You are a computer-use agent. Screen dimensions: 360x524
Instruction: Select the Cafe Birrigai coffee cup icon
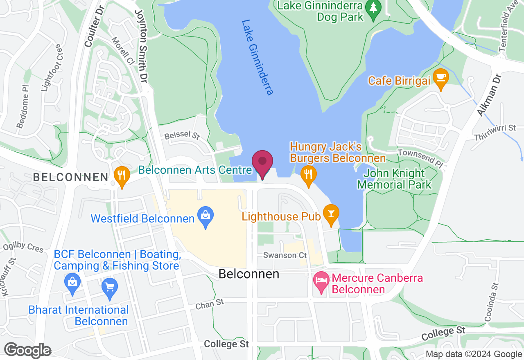441,79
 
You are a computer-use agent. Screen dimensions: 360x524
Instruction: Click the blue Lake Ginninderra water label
257,57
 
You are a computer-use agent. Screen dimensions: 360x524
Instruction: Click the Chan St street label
210,304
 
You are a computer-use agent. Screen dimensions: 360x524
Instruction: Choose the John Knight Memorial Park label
395,179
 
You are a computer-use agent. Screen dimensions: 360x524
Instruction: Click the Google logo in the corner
27,351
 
